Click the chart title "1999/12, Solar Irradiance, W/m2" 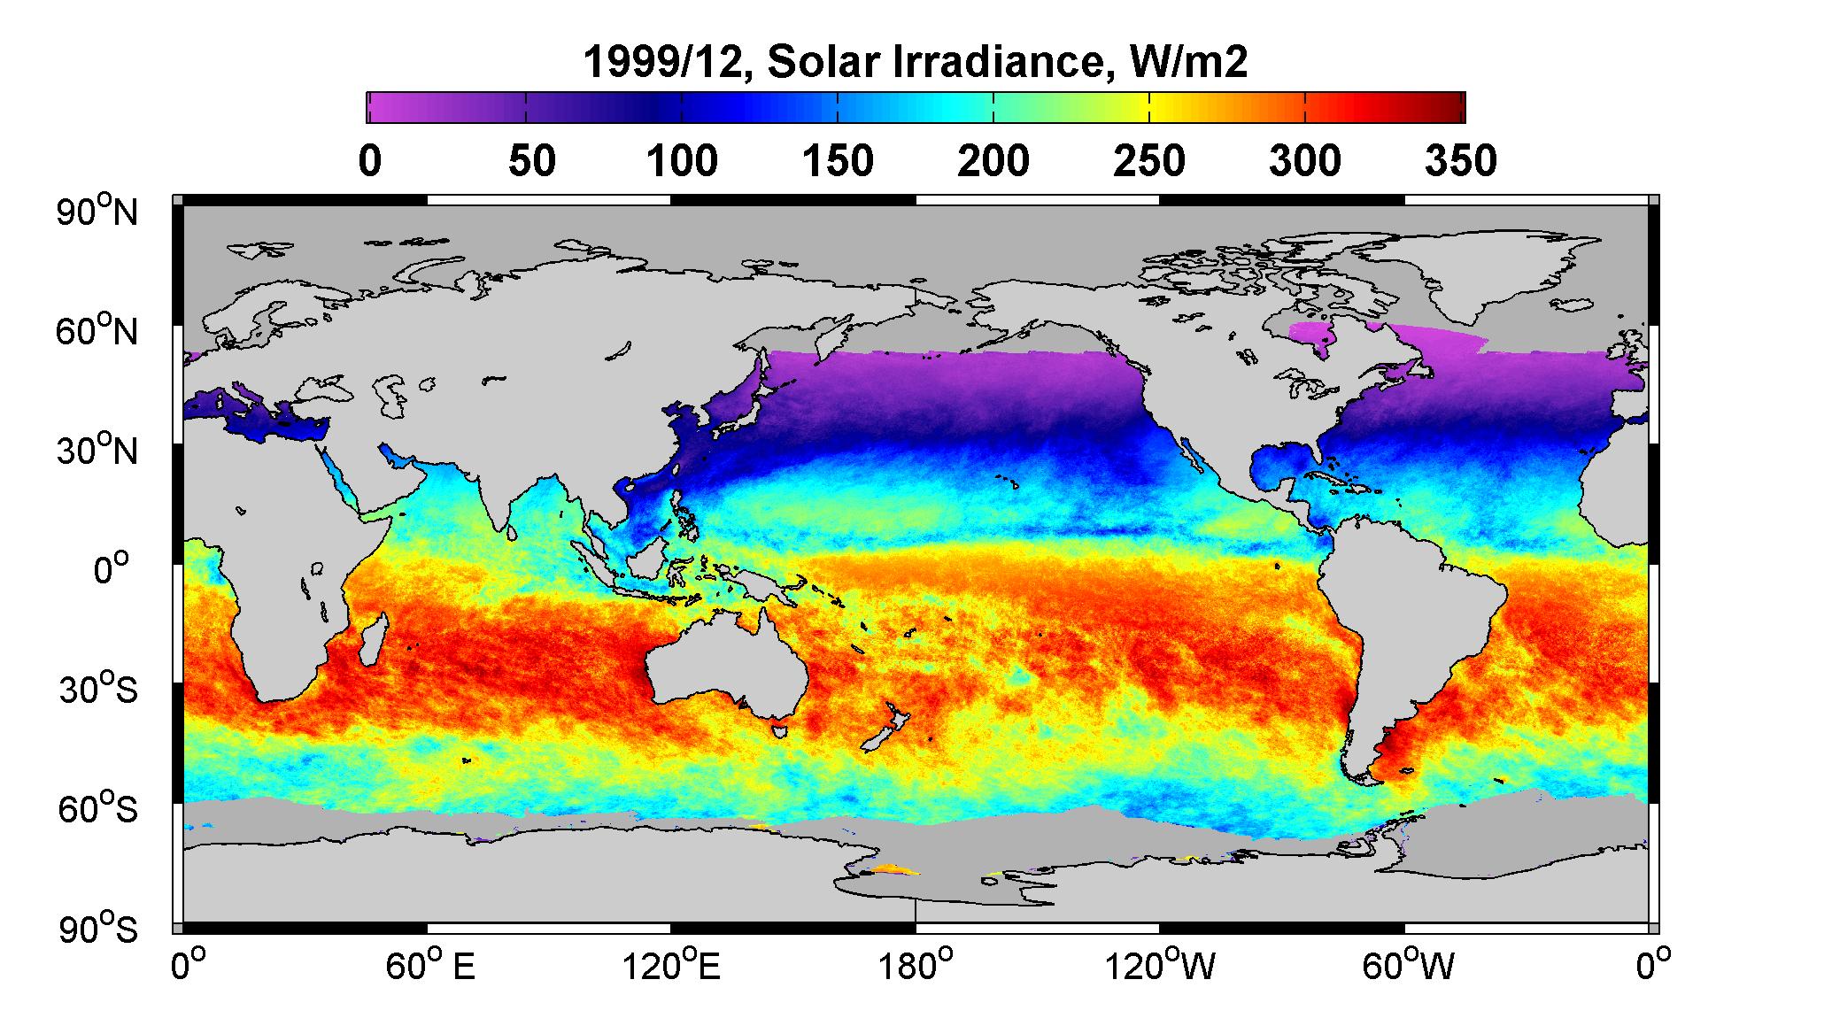coord(916,63)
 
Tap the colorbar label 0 coord(370,161)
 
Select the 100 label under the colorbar coord(681,161)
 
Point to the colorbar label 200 coord(993,161)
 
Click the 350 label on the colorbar coord(1461,161)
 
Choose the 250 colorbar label coord(1148,161)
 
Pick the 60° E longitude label coord(430,966)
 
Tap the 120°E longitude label coord(670,966)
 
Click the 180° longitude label coord(915,966)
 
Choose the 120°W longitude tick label coord(1160,966)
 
